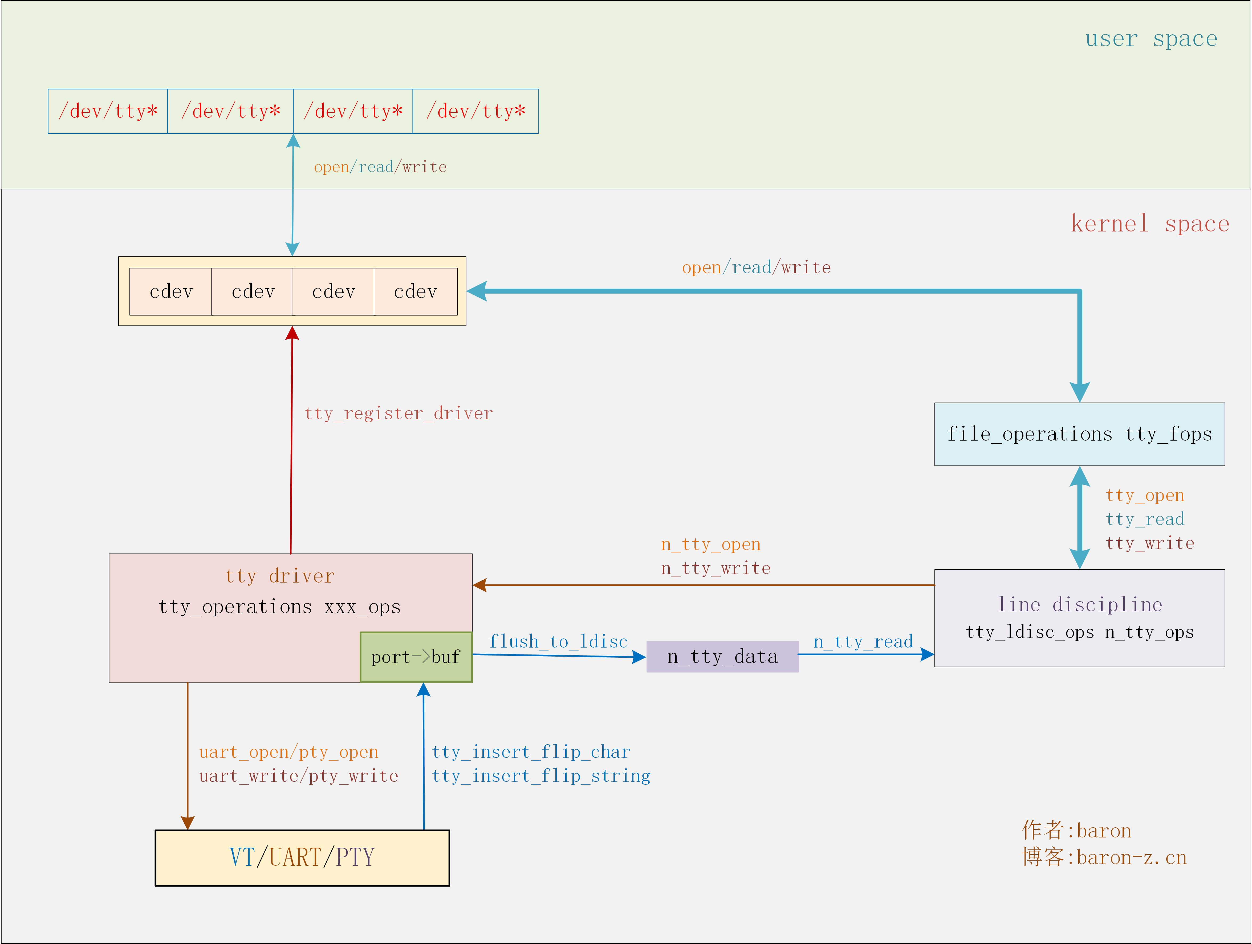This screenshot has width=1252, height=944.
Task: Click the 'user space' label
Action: pos(1151,38)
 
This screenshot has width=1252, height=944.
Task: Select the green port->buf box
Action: pos(416,657)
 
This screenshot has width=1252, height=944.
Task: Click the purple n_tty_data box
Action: pos(722,657)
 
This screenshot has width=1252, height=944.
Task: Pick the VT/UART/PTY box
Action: pos(302,857)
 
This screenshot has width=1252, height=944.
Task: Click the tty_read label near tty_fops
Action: pos(1144,519)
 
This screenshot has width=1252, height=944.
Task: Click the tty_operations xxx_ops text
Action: pos(280,607)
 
